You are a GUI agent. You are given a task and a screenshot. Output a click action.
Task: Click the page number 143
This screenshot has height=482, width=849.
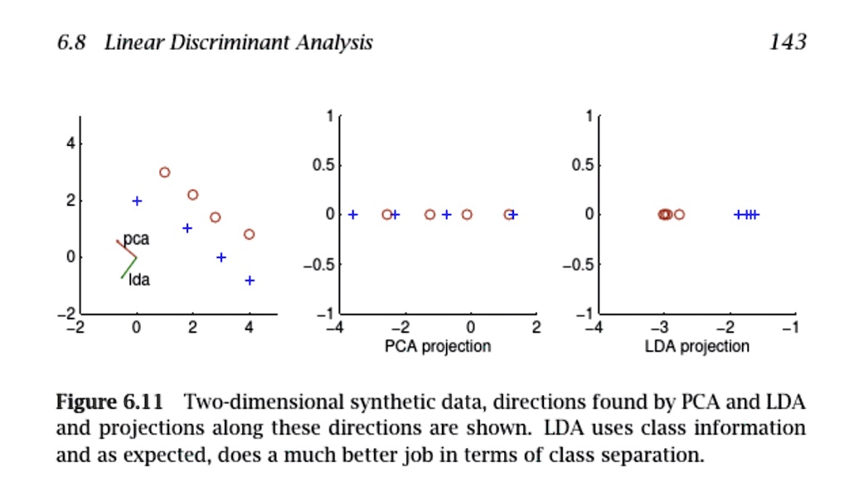click(787, 42)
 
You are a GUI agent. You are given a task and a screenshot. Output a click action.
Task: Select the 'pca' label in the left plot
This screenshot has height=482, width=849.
click(137, 239)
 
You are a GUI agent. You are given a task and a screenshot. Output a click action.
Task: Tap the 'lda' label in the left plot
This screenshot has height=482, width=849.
click(139, 280)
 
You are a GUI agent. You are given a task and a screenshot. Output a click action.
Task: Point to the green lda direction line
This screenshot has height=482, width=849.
click(129, 267)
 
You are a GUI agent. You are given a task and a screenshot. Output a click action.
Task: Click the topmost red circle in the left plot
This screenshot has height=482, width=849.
click(165, 173)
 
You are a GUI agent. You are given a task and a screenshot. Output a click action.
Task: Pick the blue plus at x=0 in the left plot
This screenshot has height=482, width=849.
click(138, 201)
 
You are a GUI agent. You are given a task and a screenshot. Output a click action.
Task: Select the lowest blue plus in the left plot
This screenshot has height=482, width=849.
click(250, 280)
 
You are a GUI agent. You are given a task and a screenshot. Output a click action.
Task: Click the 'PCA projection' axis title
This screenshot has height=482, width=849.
click(437, 346)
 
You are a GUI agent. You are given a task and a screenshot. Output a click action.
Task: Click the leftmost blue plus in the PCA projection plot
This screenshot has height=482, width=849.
click(353, 215)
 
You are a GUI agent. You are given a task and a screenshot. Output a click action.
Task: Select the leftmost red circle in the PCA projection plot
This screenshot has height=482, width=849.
click(386, 215)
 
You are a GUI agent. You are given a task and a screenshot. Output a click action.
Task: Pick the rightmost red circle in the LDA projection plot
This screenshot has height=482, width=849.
click(679, 215)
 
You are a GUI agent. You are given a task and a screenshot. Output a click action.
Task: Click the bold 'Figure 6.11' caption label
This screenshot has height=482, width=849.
click(108, 404)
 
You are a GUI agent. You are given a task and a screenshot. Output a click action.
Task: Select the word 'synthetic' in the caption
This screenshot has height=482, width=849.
click(353, 404)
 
